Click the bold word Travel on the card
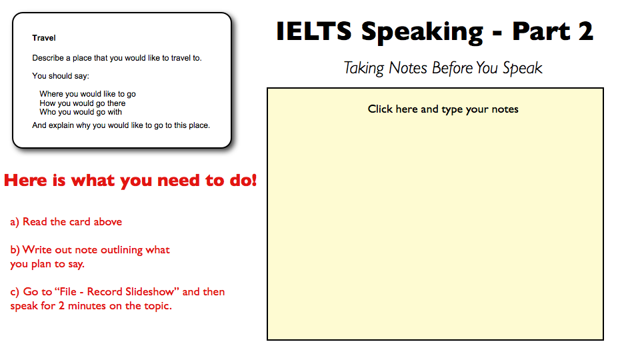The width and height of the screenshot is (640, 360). click(44, 39)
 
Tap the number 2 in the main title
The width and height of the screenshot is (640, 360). click(585, 31)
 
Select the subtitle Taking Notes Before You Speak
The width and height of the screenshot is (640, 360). click(443, 68)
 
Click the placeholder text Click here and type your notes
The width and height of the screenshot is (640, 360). click(443, 109)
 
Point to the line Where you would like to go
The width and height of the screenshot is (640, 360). click(87, 94)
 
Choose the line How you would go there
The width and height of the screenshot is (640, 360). click(82, 103)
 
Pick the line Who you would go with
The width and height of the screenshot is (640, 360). click(81, 112)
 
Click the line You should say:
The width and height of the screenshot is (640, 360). click(61, 76)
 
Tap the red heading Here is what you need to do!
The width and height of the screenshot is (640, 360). click(130, 181)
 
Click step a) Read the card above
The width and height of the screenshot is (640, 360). click(66, 221)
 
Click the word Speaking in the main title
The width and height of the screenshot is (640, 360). click(423, 31)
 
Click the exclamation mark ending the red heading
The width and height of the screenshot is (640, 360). click(253, 181)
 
